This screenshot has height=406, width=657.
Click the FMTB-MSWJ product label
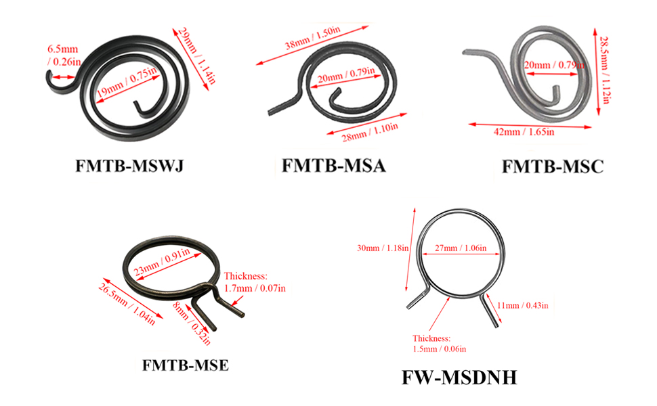[129, 166]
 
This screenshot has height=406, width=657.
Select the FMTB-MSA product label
[333, 165]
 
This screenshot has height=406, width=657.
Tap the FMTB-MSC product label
[553, 166]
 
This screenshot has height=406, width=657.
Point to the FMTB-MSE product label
[185, 365]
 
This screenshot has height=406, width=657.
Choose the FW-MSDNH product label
[459, 377]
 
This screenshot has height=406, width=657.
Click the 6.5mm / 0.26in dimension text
[64, 55]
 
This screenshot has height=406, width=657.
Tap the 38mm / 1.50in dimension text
[312, 38]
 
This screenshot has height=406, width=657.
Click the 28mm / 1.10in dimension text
[370, 132]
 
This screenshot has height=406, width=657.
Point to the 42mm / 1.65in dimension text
[524, 132]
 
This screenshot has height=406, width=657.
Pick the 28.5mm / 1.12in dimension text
[604, 70]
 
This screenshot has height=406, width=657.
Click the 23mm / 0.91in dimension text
[162, 262]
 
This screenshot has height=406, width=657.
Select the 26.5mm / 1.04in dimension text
[127, 304]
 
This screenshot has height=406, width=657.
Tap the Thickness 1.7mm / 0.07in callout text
[255, 282]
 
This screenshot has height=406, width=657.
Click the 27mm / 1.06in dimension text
[461, 248]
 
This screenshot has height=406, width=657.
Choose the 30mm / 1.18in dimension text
[383, 248]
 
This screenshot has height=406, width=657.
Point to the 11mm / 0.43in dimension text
[522, 305]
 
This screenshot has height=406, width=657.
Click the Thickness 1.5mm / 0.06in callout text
[439, 344]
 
